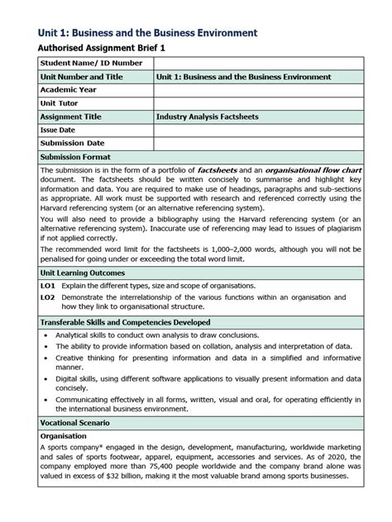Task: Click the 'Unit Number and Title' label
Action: click(81, 77)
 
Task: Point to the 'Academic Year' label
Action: click(69, 90)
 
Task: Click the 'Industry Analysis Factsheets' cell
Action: click(207, 116)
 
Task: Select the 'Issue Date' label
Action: click(58, 130)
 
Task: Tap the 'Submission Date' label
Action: click(73, 143)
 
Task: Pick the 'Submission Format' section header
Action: click(75, 157)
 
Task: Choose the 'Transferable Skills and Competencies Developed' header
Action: click(125, 321)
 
